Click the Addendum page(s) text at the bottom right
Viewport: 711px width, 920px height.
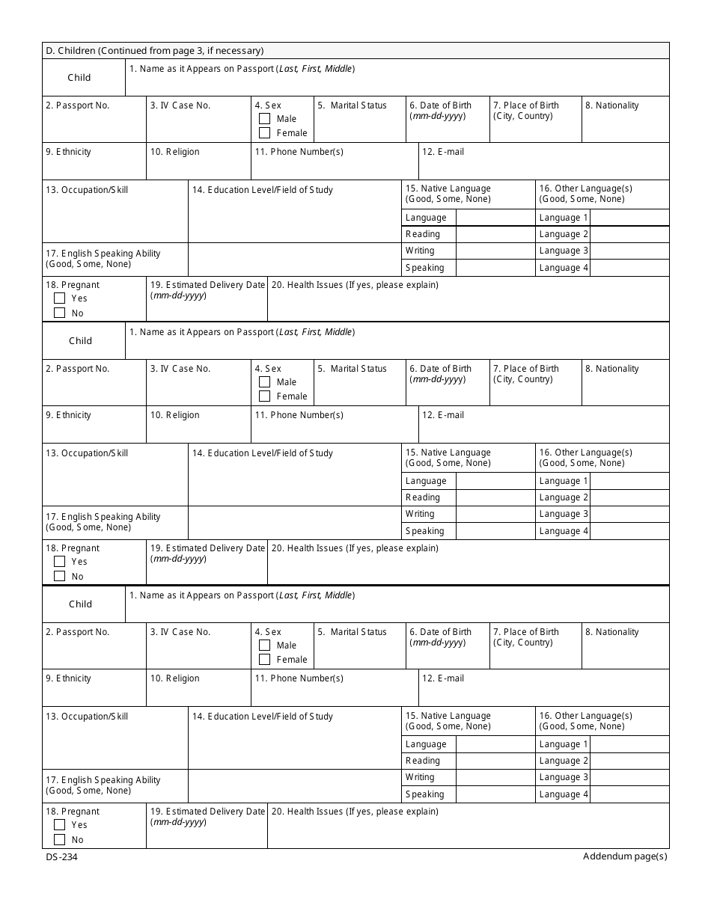coord(625,856)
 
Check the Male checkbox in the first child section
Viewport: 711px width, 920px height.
coord(264,118)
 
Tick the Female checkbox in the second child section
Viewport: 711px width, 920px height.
coord(264,396)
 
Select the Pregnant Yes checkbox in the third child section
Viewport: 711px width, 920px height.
coord(60,824)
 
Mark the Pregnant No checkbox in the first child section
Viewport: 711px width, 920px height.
coord(60,313)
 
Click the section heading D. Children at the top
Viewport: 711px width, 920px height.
coord(154,51)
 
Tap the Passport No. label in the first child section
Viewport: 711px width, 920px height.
coord(78,105)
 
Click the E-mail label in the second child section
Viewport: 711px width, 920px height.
coord(443,415)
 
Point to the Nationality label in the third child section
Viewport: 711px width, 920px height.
coord(612,632)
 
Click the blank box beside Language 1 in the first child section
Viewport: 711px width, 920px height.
coord(629,218)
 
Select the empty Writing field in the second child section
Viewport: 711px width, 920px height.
coord(494,514)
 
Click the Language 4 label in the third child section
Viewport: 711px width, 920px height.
coord(564,794)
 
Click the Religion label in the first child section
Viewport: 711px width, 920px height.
coord(175,152)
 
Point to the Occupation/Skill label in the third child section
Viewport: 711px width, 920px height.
coord(87,717)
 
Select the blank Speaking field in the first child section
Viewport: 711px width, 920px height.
coord(494,268)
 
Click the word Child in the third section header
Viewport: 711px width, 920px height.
coord(80,604)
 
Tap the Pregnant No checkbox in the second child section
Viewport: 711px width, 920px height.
coord(60,576)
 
